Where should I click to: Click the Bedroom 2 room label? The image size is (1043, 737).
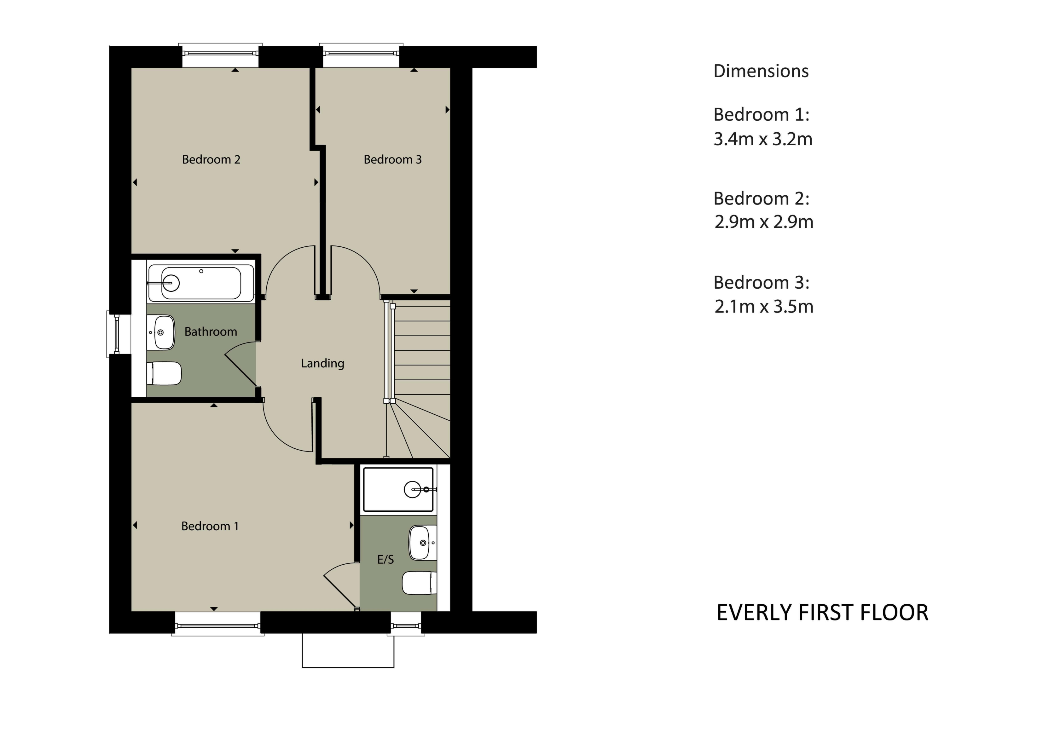(211, 159)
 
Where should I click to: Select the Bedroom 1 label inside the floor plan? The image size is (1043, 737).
(210, 526)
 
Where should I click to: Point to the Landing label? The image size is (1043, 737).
(322, 363)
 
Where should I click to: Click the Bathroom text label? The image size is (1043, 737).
(211, 331)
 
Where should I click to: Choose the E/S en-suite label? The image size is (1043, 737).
(386, 560)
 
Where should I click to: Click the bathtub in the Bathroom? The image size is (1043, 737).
(200, 283)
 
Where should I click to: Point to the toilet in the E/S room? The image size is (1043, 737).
(419, 583)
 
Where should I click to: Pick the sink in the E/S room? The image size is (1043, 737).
(423, 543)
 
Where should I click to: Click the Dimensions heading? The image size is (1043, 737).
(761, 71)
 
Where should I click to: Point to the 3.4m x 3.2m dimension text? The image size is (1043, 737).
(763, 139)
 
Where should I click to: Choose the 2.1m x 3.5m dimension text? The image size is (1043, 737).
(764, 307)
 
